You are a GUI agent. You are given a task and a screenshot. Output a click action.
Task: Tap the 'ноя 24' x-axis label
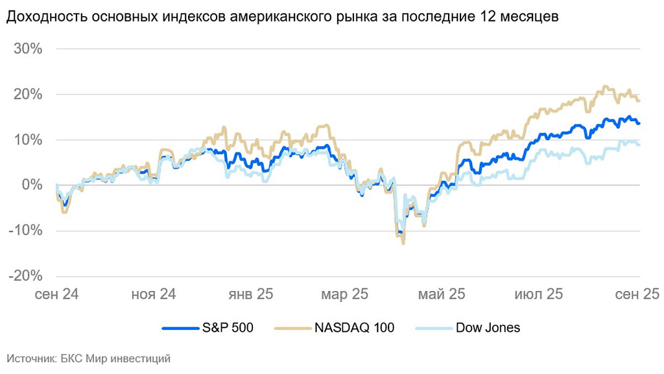click(x=153, y=294)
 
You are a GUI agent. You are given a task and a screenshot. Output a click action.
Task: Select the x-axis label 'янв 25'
click(x=250, y=294)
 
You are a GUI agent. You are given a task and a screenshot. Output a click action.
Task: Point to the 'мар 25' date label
click(x=345, y=294)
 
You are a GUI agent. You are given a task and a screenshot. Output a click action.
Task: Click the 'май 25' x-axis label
click(x=442, y=294)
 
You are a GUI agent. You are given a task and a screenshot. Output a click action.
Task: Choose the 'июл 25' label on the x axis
click(x=538, y=294)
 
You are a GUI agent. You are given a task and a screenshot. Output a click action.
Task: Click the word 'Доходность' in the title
click(x=45, y=18)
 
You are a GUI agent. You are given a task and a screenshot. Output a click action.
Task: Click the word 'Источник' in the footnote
click(x=29, y=358)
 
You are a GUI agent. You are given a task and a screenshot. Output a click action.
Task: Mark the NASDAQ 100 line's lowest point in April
click(x=403, y=243)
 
